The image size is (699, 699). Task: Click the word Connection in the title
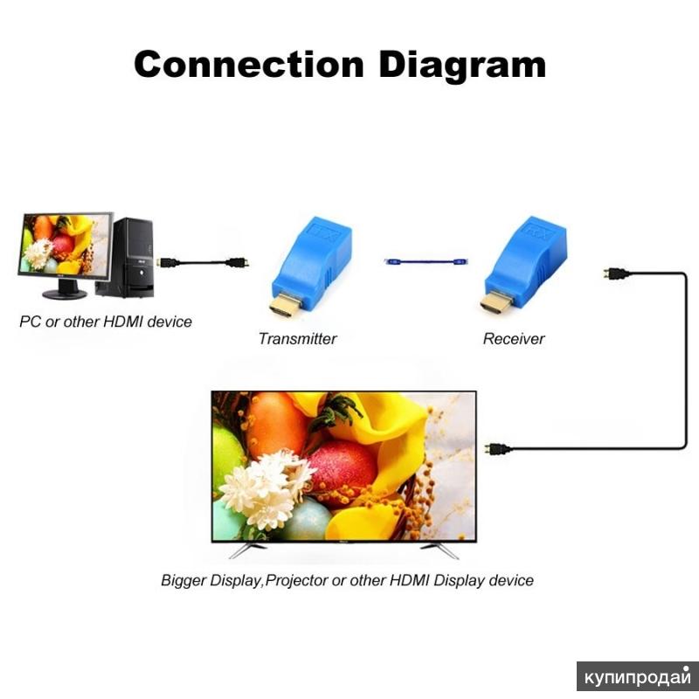point(249,64)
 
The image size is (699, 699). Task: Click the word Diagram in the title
point(462,66)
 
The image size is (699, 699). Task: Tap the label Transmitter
point(297,339)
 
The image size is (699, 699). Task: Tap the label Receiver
point(514,339)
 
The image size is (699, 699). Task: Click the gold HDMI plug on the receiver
point(495,302)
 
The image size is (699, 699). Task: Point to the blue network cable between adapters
point(426,261)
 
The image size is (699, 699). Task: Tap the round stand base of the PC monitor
point(65,294)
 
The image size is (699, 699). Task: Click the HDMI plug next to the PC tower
point(168,262)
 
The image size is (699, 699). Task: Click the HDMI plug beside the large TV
point(497,448)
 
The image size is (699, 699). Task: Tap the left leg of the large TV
point(248,550)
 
